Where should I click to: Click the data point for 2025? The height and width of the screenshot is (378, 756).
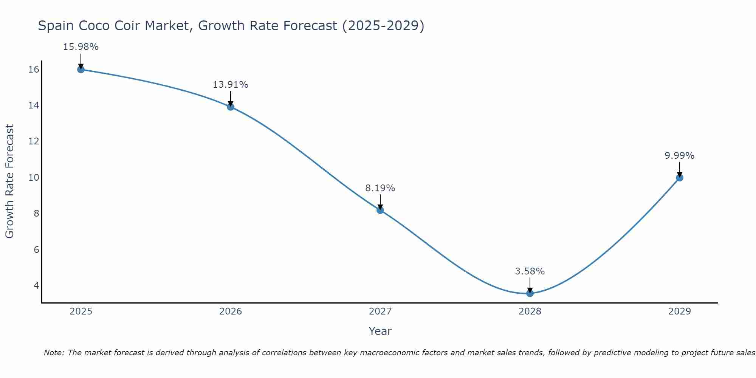[x=81, y=69]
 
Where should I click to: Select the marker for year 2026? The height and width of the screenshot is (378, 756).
[x=231, y=107]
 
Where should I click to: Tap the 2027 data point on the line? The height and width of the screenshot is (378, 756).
[x=380, y=210]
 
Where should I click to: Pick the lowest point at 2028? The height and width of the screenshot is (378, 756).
[x=530, y=293]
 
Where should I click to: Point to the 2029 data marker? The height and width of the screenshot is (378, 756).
[x=679, y=178]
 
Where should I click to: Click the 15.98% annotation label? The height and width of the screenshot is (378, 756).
[x=81, y=47]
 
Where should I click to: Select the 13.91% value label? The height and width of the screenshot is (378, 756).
[x=230, y=85]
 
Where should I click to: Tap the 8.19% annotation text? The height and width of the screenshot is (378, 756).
[x=380, y=188]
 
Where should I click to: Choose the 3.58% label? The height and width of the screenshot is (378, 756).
[x=530, y=271]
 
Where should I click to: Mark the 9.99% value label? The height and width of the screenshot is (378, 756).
[x=679, y=156]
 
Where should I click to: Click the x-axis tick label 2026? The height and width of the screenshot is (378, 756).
[x=231, y=311]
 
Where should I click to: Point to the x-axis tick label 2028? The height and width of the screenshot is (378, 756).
[x=530, y=311]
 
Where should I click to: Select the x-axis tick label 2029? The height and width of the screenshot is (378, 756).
[x=679, y=311]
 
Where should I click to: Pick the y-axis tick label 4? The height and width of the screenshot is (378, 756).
[x=36, y=285]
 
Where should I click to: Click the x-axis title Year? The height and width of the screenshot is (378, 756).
[x=380, y=331]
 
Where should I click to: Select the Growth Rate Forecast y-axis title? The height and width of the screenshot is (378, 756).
[x=9, y=181]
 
